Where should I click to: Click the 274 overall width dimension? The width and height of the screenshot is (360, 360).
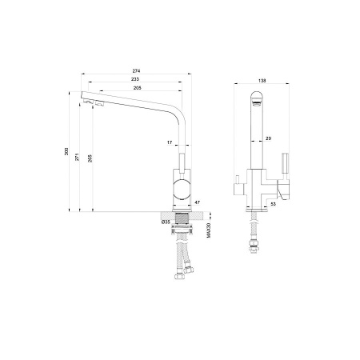136,71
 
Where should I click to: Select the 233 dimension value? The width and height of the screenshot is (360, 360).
135,79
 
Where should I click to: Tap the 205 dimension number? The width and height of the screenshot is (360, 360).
137,88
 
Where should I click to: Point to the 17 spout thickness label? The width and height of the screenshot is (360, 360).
170,142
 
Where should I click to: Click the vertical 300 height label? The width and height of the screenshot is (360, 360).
66,151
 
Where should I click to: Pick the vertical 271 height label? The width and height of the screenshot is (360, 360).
77,157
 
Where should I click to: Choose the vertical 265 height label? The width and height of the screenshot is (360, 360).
90,158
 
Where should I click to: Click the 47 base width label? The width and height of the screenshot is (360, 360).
197,202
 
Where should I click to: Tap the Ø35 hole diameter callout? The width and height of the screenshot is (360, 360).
166,222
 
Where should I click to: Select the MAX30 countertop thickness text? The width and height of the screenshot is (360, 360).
209,230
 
